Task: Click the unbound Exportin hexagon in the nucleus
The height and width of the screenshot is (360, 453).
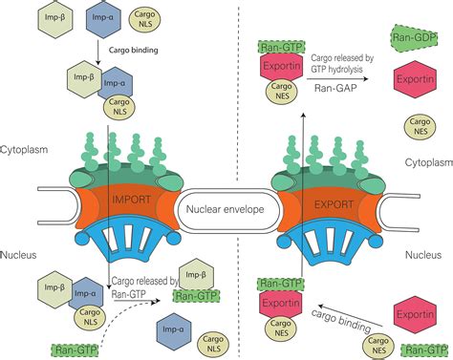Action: [416, 316]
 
